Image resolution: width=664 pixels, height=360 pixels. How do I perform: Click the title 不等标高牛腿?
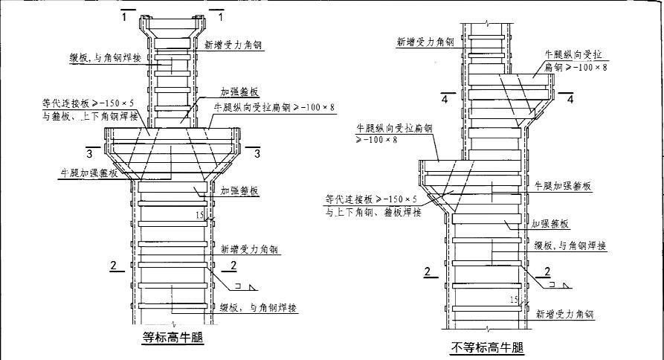point(487,347)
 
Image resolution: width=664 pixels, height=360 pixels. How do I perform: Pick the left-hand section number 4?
point(442,99)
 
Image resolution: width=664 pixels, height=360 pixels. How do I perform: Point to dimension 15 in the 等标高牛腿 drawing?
point(199,215)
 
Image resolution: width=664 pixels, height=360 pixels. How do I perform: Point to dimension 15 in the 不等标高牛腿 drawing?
point(513,300)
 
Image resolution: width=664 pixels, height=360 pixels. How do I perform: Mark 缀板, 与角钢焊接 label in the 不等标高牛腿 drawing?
point(570,244)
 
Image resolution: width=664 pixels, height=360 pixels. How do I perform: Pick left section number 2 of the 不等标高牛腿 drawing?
point(428,271)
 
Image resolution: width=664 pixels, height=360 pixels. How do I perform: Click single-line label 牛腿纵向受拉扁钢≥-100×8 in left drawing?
point(274,107)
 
